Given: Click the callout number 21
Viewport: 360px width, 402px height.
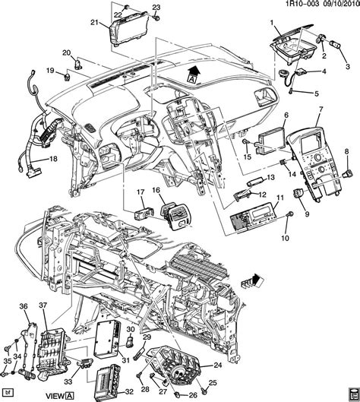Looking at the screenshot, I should [94, 23].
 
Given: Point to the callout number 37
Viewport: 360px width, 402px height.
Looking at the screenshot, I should [43, 306].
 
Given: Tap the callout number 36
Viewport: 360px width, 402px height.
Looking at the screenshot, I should [23, 307].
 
